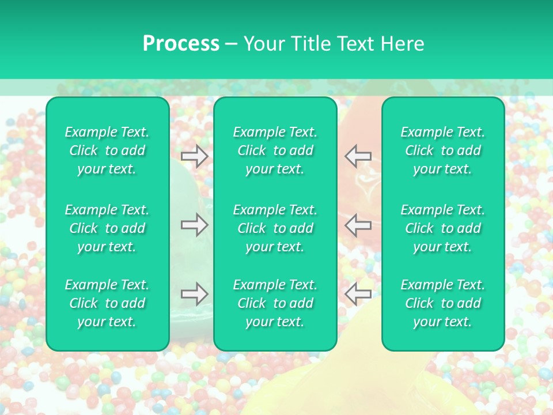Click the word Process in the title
pyautogui.click(x=181, y=44)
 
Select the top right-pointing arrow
pyautogui.click(x=194, y=156)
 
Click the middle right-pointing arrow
pyautogui.click(x=194, y=225)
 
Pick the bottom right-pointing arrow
pyautogui.click(x=194, y=294)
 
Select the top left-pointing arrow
pyautogui.click(x=358, y=156)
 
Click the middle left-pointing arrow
pyautogui.click(x=358, y=225)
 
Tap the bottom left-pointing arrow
pyautogui.click(x=358, y=294)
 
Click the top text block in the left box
pyautogui.click(x=107, y=150)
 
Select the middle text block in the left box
pyautogui.click(x=107, y=228)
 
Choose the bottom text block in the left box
pyautogui.click(x=107, y=303)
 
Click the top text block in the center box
pyautogui.click(x=275, y=150)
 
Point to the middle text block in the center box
pyautogui.click(x=275, y=228)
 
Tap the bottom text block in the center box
pyautogui.click(x=275, y=303)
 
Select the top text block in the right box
pyautogui.click(x=443, y=150)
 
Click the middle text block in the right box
pyautogui.click(x=443, y=228)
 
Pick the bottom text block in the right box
pyautogui.click(x=443, y=303)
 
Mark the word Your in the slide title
pyautogui.click(x=264, y=44)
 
